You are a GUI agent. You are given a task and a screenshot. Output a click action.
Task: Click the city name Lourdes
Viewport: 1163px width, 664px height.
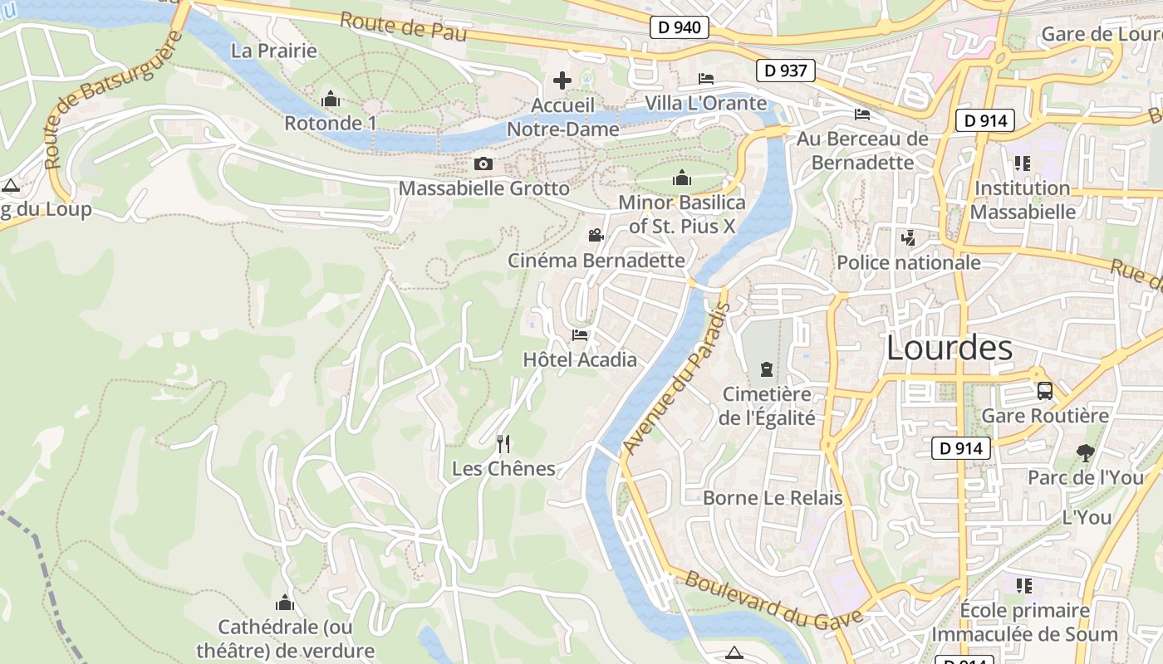coord(950,349)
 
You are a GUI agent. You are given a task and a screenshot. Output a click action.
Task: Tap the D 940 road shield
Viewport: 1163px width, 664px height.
coord(680,27)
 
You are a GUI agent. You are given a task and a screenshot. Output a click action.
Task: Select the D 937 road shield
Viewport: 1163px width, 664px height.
coord(785,71)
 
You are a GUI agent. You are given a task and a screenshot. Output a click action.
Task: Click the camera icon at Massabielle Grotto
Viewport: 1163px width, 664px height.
coord(483,164)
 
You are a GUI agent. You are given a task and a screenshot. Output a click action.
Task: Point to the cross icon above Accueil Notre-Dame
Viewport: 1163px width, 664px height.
coord(562,81)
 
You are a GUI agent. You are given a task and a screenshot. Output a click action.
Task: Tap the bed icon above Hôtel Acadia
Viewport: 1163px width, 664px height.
coord(580,335)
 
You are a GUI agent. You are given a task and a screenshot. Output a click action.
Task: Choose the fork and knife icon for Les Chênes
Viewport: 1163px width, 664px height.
coord(503,444)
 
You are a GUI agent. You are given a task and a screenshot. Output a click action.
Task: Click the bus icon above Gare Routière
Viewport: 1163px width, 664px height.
coord(1045,391)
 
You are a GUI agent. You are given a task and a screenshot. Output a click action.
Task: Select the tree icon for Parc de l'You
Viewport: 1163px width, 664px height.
coord(1085,453)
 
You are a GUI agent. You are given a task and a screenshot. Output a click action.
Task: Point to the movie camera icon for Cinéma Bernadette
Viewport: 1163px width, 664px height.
coord(596,236)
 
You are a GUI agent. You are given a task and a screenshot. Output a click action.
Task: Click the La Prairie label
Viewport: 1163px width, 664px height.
coord(274,51)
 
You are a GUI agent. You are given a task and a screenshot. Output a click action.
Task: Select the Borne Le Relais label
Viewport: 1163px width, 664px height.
coord(773,498)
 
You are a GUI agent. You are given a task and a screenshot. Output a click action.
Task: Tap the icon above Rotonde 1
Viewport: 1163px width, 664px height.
coord(330,100)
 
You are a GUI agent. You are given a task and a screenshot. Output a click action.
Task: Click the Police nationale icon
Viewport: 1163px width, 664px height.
coord(908,238)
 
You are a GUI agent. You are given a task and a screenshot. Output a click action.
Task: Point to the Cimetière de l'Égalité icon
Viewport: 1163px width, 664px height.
coord(766,369)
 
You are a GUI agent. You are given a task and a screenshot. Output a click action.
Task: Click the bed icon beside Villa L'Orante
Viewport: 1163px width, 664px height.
coord(706,79)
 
